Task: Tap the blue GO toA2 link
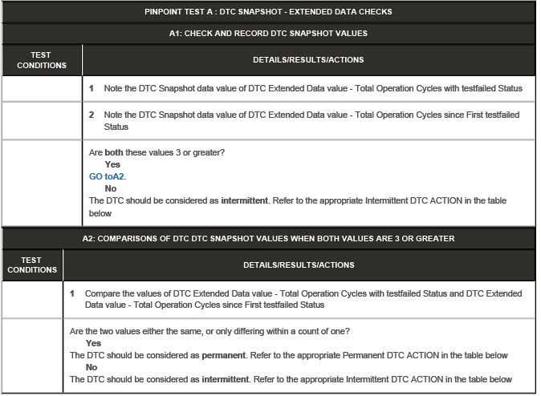[108, 176]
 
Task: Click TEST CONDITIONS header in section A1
[42, 60]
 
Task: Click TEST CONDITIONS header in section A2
[32, 265]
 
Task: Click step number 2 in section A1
[92, 115]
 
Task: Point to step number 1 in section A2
[73, 293]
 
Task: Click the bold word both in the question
[116, 152]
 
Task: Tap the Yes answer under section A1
[112, 164]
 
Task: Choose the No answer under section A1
[111, 188]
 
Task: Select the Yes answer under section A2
[93, 343]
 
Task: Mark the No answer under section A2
[92, 367]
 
